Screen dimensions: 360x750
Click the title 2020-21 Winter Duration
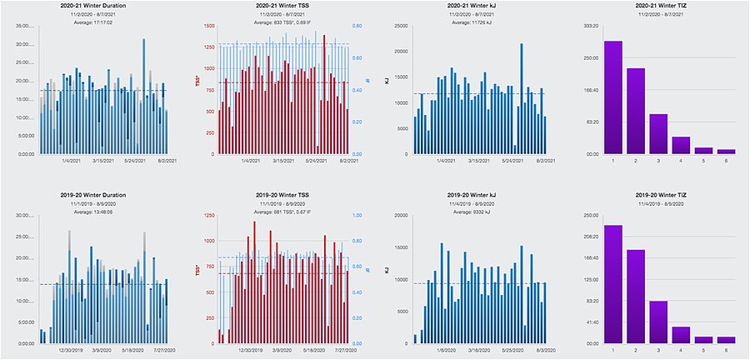(92, 6)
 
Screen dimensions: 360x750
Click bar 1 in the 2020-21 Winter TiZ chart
(614, 97)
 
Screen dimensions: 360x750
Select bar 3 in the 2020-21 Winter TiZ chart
(658, 133)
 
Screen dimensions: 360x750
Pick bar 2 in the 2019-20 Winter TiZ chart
(636, 296)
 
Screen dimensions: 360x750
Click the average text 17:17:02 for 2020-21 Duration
(92, 22)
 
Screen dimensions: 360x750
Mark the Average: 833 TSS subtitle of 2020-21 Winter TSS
(280, 22)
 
